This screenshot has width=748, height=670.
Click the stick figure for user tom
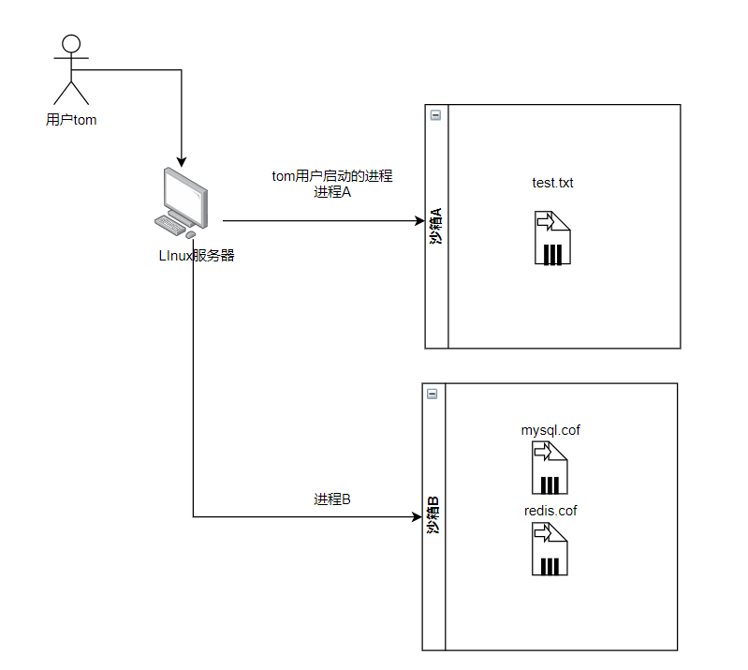tap(71, 70)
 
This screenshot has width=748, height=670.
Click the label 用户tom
tap(71, 120)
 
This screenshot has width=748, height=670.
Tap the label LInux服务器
tap(196, 256)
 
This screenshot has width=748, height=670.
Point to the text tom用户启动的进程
tap(331, 176)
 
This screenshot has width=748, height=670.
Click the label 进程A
tap(332, 193)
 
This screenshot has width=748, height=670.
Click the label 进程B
tap(332, 499)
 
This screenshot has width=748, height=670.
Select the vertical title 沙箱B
tap(433, 516)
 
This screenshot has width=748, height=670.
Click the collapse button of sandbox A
tap(435, 115)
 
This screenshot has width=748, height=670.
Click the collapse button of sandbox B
tap(433, 394)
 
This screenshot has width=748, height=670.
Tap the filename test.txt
tap(552, 183)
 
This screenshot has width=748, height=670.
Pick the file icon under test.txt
tap(552, 238)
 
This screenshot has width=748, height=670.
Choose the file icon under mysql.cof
tap(551, 468)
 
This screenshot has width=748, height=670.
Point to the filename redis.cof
tap(550, 511)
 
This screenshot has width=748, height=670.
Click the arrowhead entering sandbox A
tap(419, 221)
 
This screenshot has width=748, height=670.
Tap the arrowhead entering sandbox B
tap(417, 516)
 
